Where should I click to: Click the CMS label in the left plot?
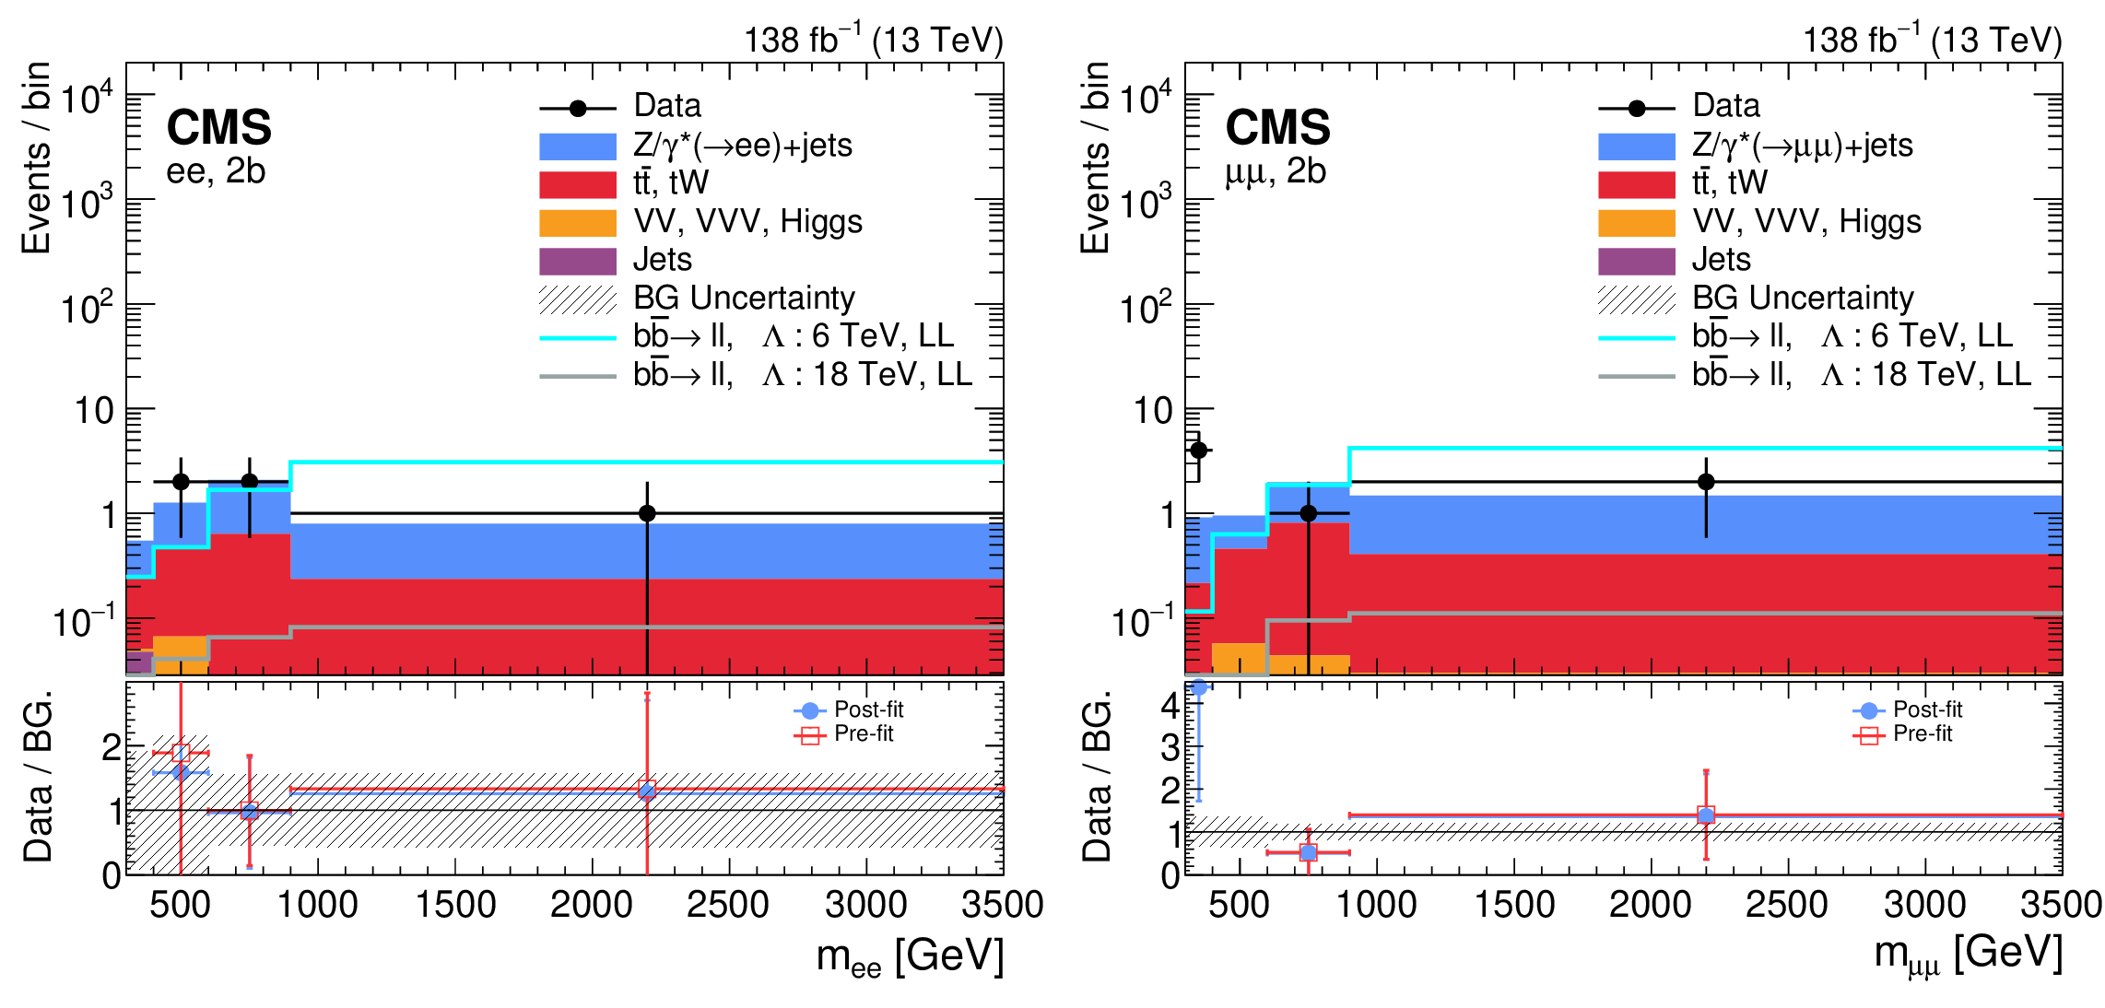coord(218,127)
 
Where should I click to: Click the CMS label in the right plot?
coord(1277,127)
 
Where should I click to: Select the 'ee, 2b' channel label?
coord(216,171)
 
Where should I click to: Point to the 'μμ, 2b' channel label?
coord(1275,171)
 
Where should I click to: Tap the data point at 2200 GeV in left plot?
coord(647,513)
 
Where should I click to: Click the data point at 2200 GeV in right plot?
coord(1706,482)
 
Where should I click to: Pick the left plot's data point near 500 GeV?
coord(181,482)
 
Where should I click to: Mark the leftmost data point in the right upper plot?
coord(1198,451)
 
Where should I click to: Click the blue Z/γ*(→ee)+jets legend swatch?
coord(578,147)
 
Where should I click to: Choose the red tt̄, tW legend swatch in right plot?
coord(1637,184)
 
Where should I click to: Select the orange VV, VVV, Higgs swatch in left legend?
coord(578,223)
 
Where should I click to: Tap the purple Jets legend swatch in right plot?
coord(1637,261)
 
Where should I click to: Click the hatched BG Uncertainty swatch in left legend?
coord(578,299)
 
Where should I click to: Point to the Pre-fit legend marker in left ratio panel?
coord(810,734)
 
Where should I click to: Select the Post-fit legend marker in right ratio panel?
coord(1869,710)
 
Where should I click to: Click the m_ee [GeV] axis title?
coord(910,956)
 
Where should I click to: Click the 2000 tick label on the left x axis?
coord(591,905)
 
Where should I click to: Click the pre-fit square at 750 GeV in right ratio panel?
coord(1308,852)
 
